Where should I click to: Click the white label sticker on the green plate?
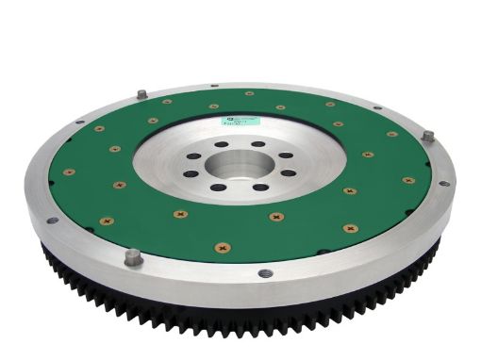click(235, 120)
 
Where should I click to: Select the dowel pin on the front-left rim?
click(133, 256)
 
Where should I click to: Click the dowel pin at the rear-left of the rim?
click(141, 94)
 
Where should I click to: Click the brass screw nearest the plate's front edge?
click(223, 248)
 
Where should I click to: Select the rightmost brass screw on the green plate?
click(408, 179)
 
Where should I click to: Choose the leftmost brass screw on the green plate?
click(69, 172)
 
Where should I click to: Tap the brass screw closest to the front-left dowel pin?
click(105, 222)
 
